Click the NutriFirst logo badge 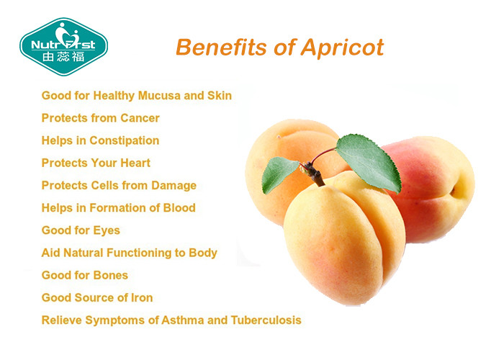coord(63,47)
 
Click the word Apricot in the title coord(342,48)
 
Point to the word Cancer coord(140,118)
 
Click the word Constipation coord(124,141)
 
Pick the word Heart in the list coord(135,163)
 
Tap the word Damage coord(174,186)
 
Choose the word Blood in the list coord(179,208)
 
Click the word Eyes coord(107,231)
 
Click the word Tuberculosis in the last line coord(266,320)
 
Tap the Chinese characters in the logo coord(63,57)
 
